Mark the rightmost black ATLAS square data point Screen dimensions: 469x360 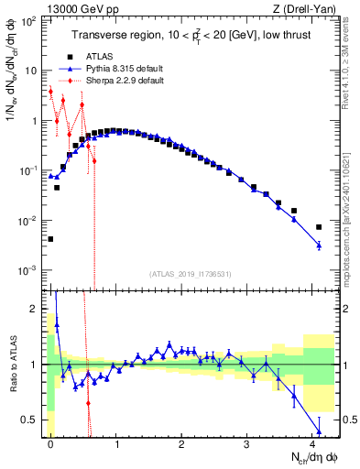pyautogui.click(x=319, y=227)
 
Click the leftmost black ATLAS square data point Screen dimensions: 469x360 pyautogui.click(x=50, y=239)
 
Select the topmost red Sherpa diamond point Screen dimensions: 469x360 pyautogui.click(x=50, y=92)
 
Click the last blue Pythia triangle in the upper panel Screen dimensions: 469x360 pyautogui.click(x=319, y=245)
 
